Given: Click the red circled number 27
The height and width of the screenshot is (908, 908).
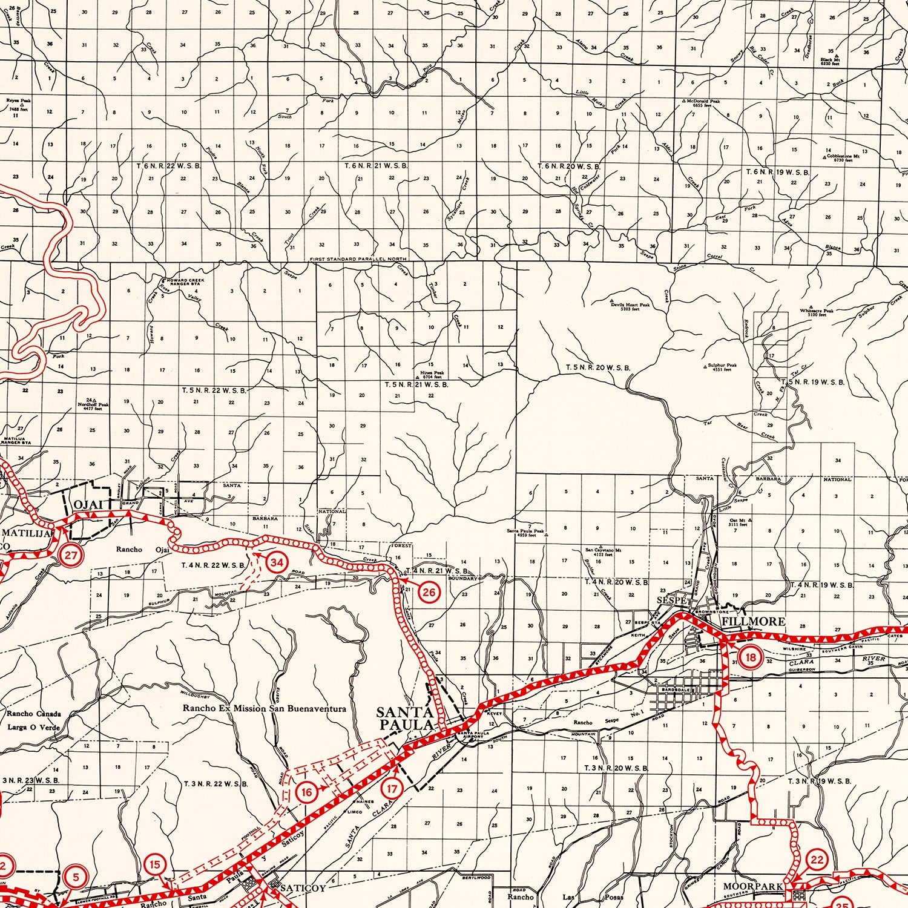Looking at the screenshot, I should click(71, 556).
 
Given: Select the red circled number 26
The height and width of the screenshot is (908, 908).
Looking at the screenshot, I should click(429, 592).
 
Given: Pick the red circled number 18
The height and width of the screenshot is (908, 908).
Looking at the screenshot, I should click(751, 658).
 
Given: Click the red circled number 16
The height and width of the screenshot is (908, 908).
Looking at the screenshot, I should click(306, 792).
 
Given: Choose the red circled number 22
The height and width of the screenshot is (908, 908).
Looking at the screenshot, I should click(817, 860).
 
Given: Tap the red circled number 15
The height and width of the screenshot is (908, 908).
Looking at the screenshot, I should click(155, 864).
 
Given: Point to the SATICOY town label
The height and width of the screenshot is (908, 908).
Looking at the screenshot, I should click(303, 888).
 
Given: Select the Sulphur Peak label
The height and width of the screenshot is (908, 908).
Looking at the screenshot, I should click(722, 367).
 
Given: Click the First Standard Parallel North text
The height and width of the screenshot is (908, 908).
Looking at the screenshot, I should click(358, 258).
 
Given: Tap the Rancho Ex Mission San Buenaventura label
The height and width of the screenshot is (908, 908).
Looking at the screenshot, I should click(265, 708).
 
